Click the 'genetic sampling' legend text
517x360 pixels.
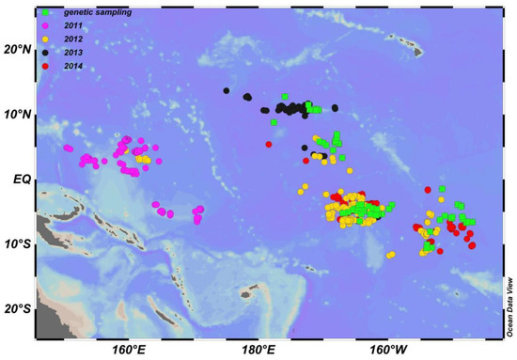(x=92, y=11)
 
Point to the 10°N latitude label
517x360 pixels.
(x=17, y=115)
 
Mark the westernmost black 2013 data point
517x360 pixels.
(x=227, y=91)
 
